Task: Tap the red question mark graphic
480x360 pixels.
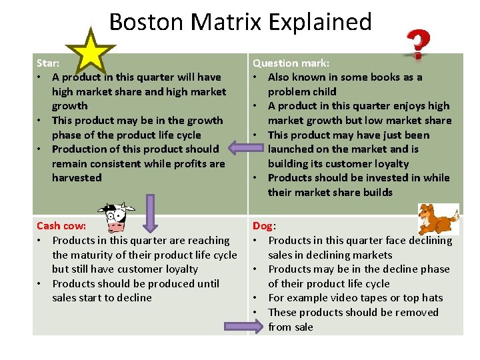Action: click(417, 45)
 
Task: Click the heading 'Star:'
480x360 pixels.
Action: click(48, 63)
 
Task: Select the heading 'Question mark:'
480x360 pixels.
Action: click(291, 63)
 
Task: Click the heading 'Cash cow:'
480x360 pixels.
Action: click(61, 226)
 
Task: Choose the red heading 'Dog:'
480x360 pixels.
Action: click(263, 226)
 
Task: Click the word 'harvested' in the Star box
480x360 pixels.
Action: click(77, 177)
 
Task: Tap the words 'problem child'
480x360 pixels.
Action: click(302, 91)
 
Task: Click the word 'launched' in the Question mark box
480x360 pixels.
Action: click(291, 149)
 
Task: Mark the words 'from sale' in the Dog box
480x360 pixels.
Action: click(291, 327)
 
